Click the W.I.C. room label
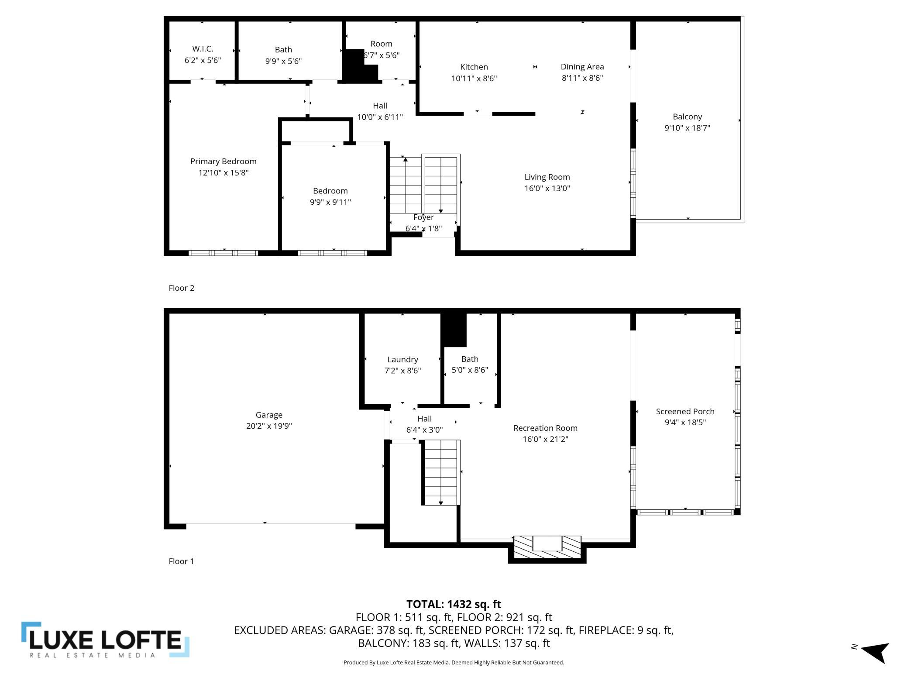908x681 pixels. tap(203, 49)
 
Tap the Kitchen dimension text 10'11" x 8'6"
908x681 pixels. tap(474, 79)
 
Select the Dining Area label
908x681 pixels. tap(582, 67)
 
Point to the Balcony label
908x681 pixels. tap(687, 117)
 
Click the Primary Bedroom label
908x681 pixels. tap(224, 162)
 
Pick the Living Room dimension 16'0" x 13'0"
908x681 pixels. tap(547, 188)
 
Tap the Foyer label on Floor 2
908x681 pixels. tap(423, 217)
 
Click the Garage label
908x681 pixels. tap(269, 415)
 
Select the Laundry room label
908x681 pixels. tap(402, 360)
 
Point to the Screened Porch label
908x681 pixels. tap(685, 411)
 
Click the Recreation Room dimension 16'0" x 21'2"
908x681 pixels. tap(545, 439)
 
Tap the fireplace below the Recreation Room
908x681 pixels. tap(547, 549)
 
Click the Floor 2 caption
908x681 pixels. tap(181, 288)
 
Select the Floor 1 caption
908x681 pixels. tap(181, 561)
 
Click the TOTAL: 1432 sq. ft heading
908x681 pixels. tap(454, 604)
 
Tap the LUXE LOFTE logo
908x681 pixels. tap(105, 640)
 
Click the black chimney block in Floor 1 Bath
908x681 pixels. tap(454, 330)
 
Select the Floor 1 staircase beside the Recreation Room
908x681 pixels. tap(441, 472)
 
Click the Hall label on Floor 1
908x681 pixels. tap(424, 419)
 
